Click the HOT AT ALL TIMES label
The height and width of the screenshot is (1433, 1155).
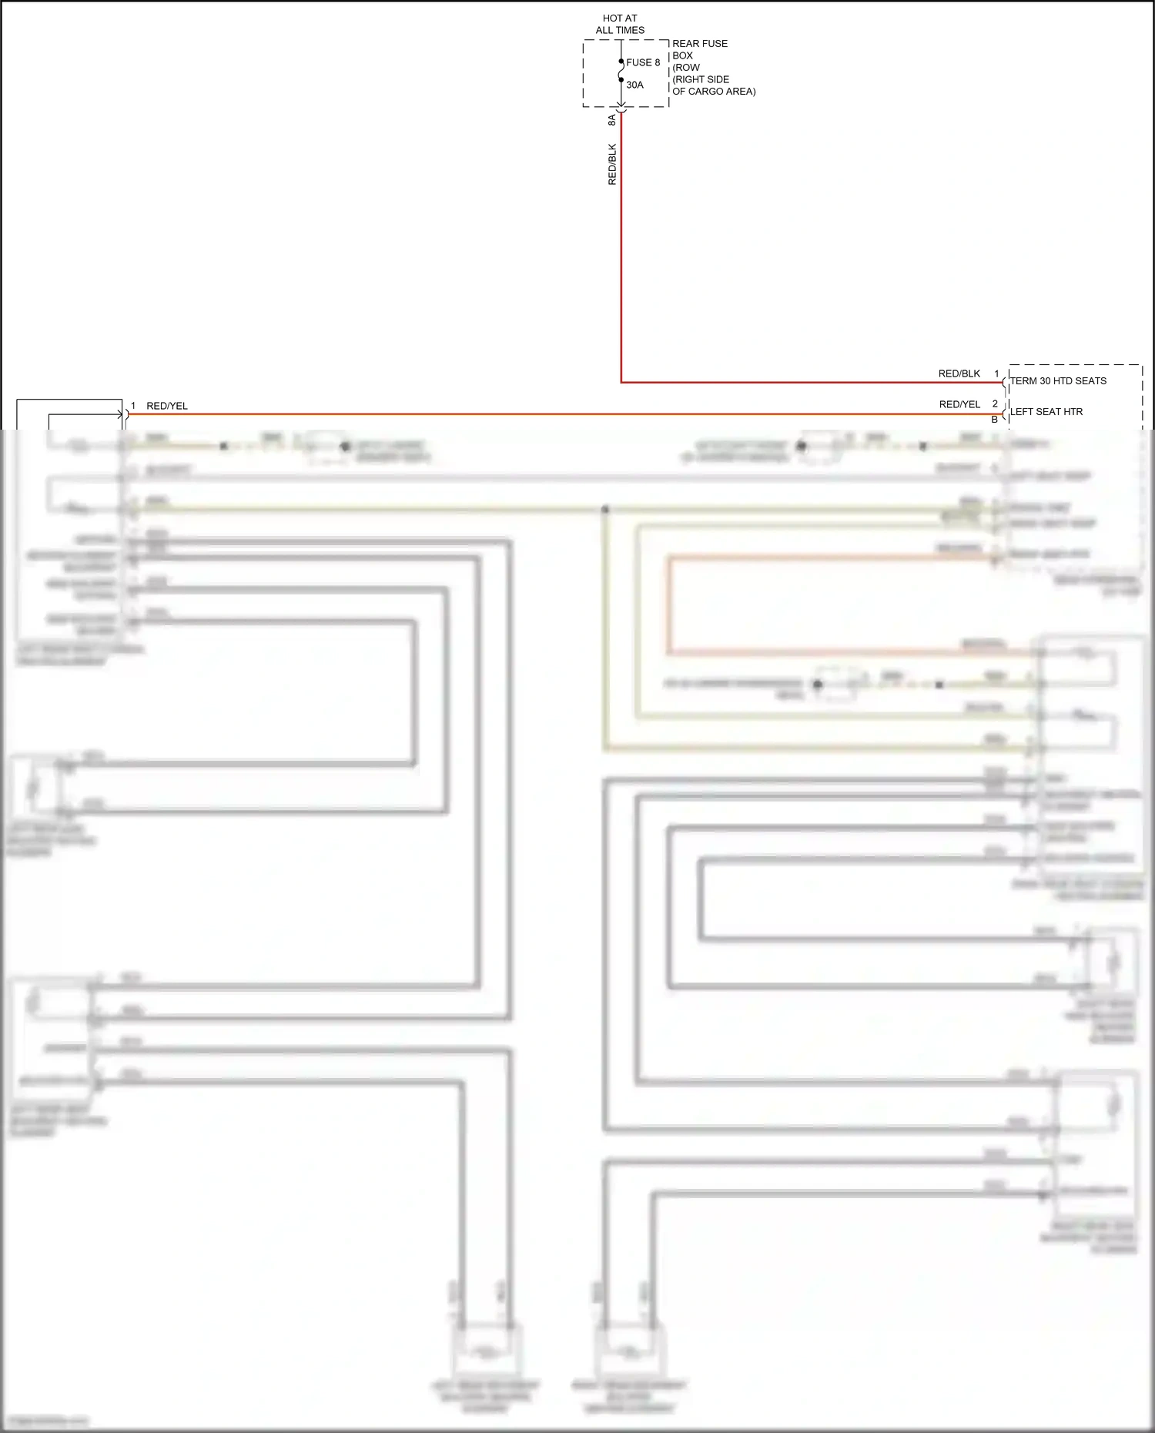tap(620, 24)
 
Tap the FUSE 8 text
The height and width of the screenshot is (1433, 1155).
tap(643, 62)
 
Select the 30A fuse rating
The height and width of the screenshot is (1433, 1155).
tap(634, 85)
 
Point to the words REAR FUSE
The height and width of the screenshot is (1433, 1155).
tap(700, 44)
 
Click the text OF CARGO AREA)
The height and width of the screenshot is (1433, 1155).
tap(714, 91)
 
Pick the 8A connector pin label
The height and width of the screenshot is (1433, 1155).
tap(612, 120)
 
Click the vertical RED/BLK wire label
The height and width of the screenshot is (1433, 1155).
tap(612, 164)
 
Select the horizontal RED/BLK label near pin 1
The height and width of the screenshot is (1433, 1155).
tap(959, 373)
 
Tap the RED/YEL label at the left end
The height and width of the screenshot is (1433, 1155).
tap(167, 406)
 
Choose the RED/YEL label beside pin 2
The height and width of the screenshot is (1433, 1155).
tap(959, 404)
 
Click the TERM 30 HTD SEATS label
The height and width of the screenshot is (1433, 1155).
tap(1058, 381)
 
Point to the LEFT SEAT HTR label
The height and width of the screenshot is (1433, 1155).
tap(1046, 412)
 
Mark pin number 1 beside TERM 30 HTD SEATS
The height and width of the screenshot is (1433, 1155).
tap(996, 373)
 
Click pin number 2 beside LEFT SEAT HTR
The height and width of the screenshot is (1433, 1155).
tap(995, 403)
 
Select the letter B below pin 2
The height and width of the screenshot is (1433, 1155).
tap(995, 420)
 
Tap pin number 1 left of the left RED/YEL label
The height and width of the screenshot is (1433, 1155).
tap(133, 405)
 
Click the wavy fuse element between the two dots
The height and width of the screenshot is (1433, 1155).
tap(621, 71)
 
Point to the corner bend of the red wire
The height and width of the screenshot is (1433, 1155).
tap(621, 382)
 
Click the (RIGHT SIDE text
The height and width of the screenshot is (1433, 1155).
tap(701, 79)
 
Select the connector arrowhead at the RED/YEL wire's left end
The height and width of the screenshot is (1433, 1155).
tap(122, 414)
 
